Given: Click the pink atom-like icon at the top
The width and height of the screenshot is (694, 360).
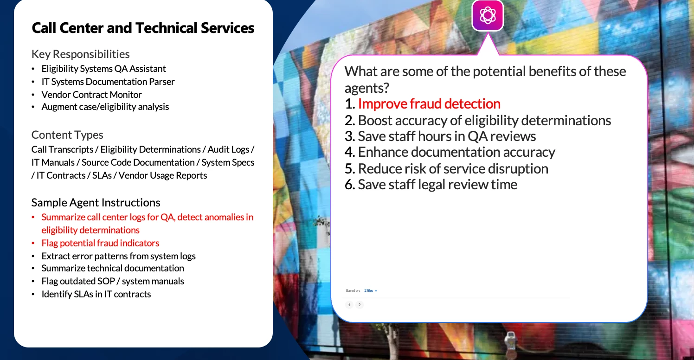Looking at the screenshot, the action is [x=488, y=15].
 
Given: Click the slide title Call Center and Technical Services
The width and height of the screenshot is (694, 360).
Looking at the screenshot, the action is [x=143, y=28].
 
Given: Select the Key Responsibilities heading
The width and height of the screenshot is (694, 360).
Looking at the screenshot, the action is [x=81, y=54].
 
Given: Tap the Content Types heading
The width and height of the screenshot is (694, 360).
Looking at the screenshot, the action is [x=67, y=135].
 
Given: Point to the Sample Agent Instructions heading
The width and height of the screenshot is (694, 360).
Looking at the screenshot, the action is [x=96, y=202].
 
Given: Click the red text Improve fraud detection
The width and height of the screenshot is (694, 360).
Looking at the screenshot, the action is [x=429, y=104].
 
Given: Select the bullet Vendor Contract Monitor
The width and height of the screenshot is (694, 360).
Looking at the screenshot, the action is [x=92, y=95].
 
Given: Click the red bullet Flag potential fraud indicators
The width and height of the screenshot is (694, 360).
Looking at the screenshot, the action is [x=100, y=243].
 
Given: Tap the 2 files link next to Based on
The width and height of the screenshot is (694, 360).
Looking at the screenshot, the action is [x=370, y=290].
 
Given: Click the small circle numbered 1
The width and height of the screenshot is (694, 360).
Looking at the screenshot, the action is [x=349, y=305].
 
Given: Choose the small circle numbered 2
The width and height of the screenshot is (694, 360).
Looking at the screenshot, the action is [x=360, y=305].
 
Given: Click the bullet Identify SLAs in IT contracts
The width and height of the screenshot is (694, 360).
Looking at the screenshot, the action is [x=96, y=294].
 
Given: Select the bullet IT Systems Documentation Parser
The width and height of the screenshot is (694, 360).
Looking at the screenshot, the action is [x=108, y=82].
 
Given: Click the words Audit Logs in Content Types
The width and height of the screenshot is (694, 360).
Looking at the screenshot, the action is [x=228, y=149].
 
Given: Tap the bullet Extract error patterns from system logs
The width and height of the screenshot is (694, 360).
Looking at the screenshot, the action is [x=119, y=256].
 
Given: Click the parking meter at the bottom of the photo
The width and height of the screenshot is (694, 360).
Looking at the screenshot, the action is [x=510, y=344].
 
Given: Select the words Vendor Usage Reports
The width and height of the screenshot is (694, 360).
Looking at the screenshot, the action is [x=163, y=175].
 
